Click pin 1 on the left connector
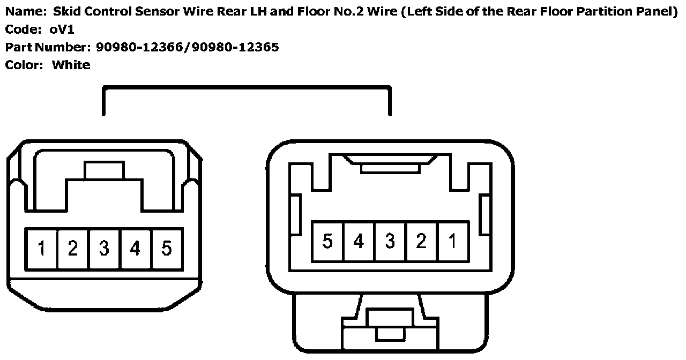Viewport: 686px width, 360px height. [x=41, y=249]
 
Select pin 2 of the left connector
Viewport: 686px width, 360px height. [x=73, y=249]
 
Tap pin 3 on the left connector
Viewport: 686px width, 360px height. [x=104, y=249]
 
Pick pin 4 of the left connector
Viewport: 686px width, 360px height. [x=136, y=249]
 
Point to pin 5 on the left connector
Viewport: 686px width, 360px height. [x=167, y=249]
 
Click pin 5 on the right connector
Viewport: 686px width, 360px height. [x=327, y=242]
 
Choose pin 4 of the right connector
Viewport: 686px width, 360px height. [x=359, y=242]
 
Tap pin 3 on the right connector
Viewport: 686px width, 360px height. [x=390, y=242]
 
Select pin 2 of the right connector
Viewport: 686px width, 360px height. [x=421, y=242]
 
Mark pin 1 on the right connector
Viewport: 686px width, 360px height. [x=453, y=242]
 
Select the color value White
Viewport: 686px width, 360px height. [x=71, y=65]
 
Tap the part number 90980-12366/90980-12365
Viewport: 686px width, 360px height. [x=188, y=47]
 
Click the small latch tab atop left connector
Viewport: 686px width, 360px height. [x=105, y=170]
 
